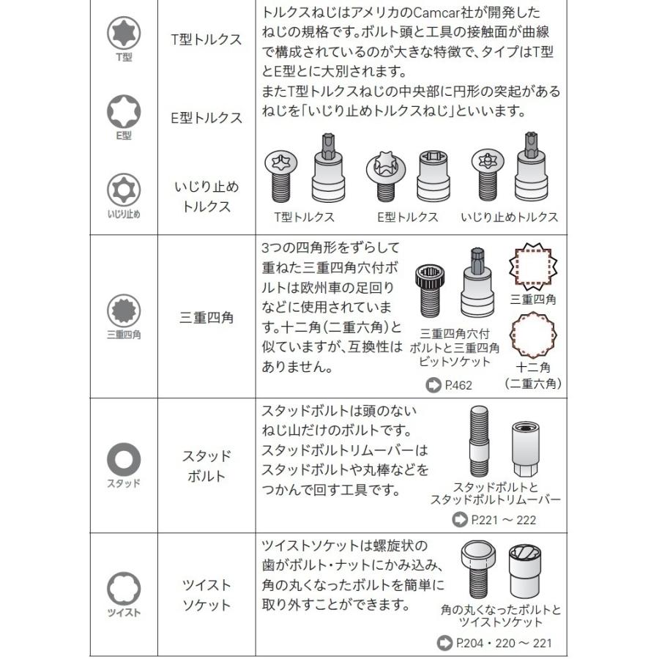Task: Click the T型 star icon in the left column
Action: pyautogui.click(x=124, y=34)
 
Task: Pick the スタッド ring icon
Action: pyautogui.click(x=124, y=460)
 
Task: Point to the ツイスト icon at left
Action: pyautogui.click(x=124, y=588)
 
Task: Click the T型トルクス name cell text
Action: pyautogui.click(x=206, y=40)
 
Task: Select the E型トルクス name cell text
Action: pyautogui.click(x=206, y=118)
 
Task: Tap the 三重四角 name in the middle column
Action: pyautogui.click(x=206, y=318)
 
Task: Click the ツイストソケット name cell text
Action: pyautogui.click(x=206, y=595)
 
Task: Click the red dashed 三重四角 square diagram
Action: pyautogui.click(x=532, y=266)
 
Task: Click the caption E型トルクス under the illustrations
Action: pyautogui.click(x=407, y=217)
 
